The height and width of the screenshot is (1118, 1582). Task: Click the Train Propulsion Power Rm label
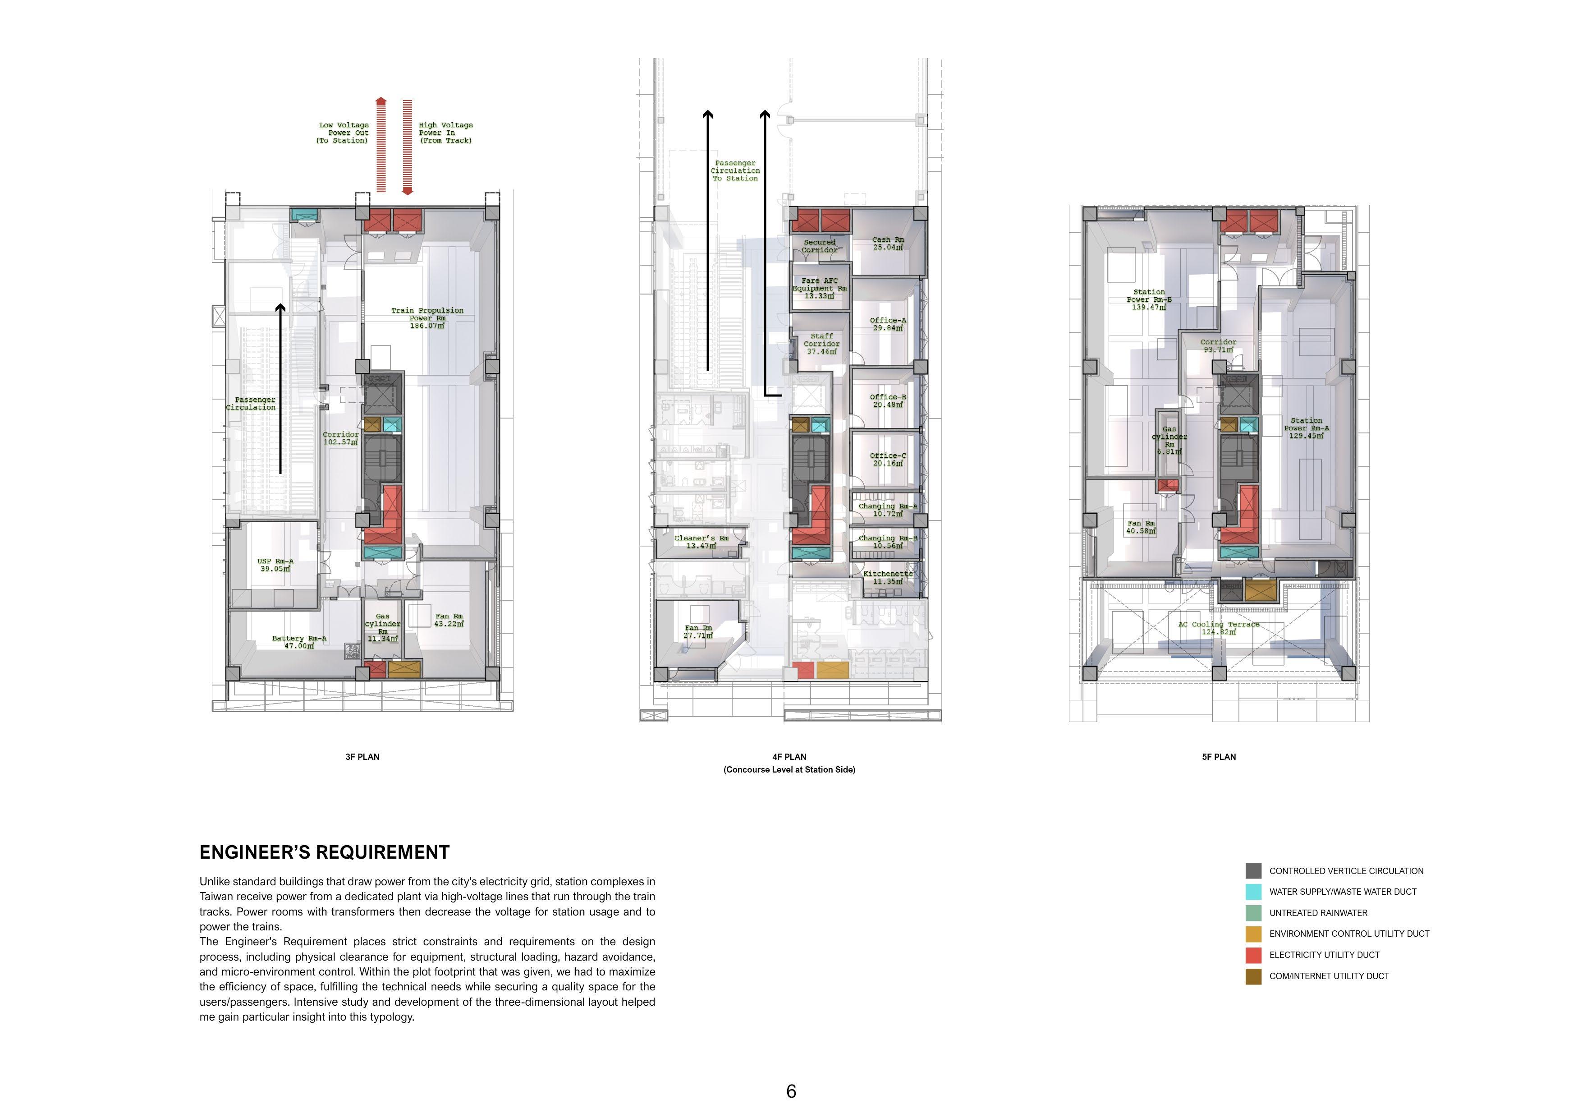427,318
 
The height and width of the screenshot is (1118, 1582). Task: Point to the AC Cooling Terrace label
1218,628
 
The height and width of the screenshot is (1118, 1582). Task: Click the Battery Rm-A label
299,642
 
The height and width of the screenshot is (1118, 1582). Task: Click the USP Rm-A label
275,565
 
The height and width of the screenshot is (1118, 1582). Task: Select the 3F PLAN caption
362,757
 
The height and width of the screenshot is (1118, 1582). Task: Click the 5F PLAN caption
1219,757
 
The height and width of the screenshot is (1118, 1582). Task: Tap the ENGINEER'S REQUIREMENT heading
325,853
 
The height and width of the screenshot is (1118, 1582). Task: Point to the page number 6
791,1091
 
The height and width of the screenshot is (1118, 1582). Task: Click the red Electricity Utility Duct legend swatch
1253,955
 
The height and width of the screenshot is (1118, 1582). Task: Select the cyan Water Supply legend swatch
1253,892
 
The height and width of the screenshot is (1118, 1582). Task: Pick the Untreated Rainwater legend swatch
1253,913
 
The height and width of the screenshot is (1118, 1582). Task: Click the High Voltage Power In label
446,132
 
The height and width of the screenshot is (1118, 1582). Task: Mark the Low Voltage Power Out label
343,132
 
